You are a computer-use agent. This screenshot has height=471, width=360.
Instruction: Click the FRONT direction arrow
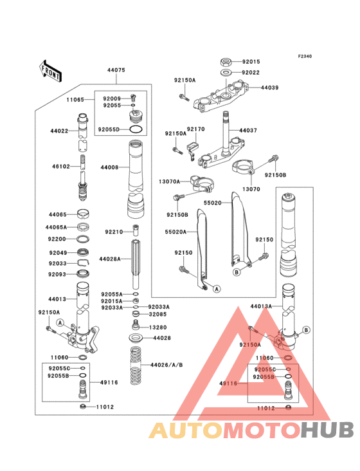[51, 70]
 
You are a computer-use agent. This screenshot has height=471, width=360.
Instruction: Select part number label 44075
[116, 70]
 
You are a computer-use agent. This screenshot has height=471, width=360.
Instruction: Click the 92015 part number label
[251, 62]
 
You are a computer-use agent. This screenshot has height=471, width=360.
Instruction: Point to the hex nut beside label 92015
[226, 62]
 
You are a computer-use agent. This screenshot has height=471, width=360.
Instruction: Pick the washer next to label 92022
[226, 73]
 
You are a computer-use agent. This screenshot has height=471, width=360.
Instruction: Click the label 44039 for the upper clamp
[269, 88]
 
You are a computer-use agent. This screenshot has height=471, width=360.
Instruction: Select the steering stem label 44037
[248, 131]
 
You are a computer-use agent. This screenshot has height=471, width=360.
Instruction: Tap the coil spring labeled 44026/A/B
[136, 365]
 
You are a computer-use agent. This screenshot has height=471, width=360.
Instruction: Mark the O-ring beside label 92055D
[136, 129]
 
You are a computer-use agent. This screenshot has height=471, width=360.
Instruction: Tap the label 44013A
[262, 307]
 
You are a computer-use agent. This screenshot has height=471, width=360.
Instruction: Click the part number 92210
[113, 232]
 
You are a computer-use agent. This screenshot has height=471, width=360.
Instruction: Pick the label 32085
[158, 315]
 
